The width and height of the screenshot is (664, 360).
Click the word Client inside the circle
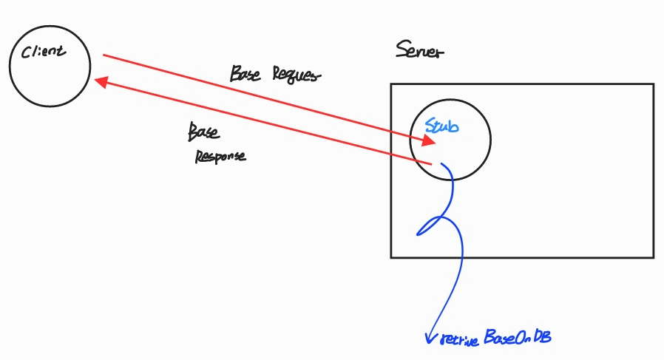44,52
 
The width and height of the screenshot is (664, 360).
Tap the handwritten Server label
420,51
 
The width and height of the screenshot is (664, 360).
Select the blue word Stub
442,126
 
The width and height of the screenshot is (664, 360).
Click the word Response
220,156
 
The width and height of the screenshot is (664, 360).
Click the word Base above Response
203,132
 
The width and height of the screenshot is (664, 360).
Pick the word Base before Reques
245,73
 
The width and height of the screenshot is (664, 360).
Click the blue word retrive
461,339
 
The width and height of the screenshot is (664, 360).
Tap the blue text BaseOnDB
518,338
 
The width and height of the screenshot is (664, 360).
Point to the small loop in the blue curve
433,226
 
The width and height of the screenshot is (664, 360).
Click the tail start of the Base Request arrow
104,55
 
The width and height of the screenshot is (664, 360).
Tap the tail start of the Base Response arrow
430,162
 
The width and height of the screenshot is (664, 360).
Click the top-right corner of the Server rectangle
654,84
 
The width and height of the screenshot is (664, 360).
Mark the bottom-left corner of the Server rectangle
391,257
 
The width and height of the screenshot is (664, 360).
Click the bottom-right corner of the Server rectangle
654,257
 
